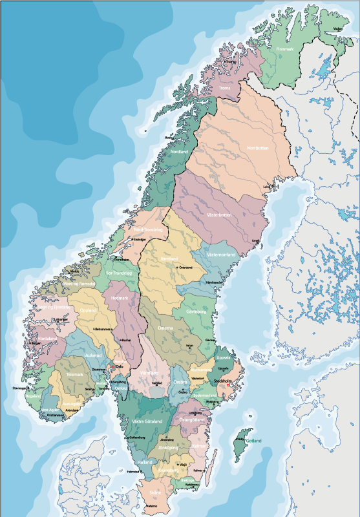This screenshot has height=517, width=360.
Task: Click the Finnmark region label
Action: tap(285, 49)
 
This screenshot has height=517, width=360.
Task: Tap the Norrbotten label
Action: tap(257, 148)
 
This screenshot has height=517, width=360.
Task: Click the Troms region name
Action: tap(225, 88)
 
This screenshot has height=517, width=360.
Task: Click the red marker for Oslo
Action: tap(113, 367)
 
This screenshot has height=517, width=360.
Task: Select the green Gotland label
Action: tap(253, 441)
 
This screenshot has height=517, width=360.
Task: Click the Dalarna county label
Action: tap(165, 328)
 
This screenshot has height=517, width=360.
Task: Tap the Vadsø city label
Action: tap(337, 28)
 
